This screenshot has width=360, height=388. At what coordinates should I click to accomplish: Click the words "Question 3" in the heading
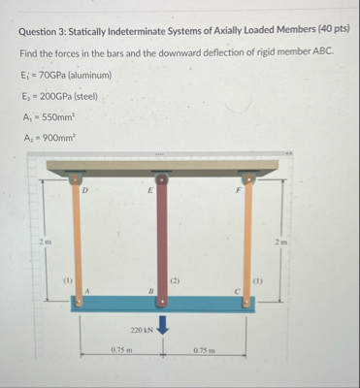(x=45, y=30)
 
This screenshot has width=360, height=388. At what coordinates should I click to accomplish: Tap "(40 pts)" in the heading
(x=331, y=30)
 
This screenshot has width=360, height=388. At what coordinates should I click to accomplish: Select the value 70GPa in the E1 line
(x=50, y=75)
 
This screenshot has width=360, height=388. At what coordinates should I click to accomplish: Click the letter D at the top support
(x=86, y=191)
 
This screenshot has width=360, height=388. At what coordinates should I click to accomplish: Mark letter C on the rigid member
(x=236, y=289)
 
